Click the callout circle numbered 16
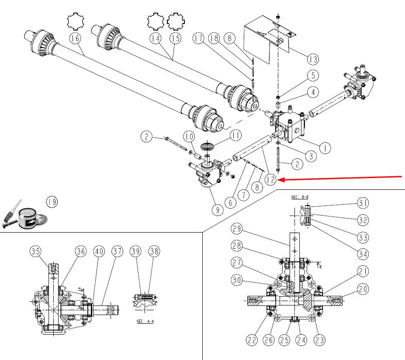[75, 39]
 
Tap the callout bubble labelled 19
[52, 202]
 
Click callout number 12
[271, 180]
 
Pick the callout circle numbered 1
[325, 148]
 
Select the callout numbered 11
[235, 135]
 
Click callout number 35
[36, 251]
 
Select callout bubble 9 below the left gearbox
[216, 210]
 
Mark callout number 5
[312, 75]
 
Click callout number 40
[100, 251]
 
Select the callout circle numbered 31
[363, 203]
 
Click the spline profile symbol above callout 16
[74, 21]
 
